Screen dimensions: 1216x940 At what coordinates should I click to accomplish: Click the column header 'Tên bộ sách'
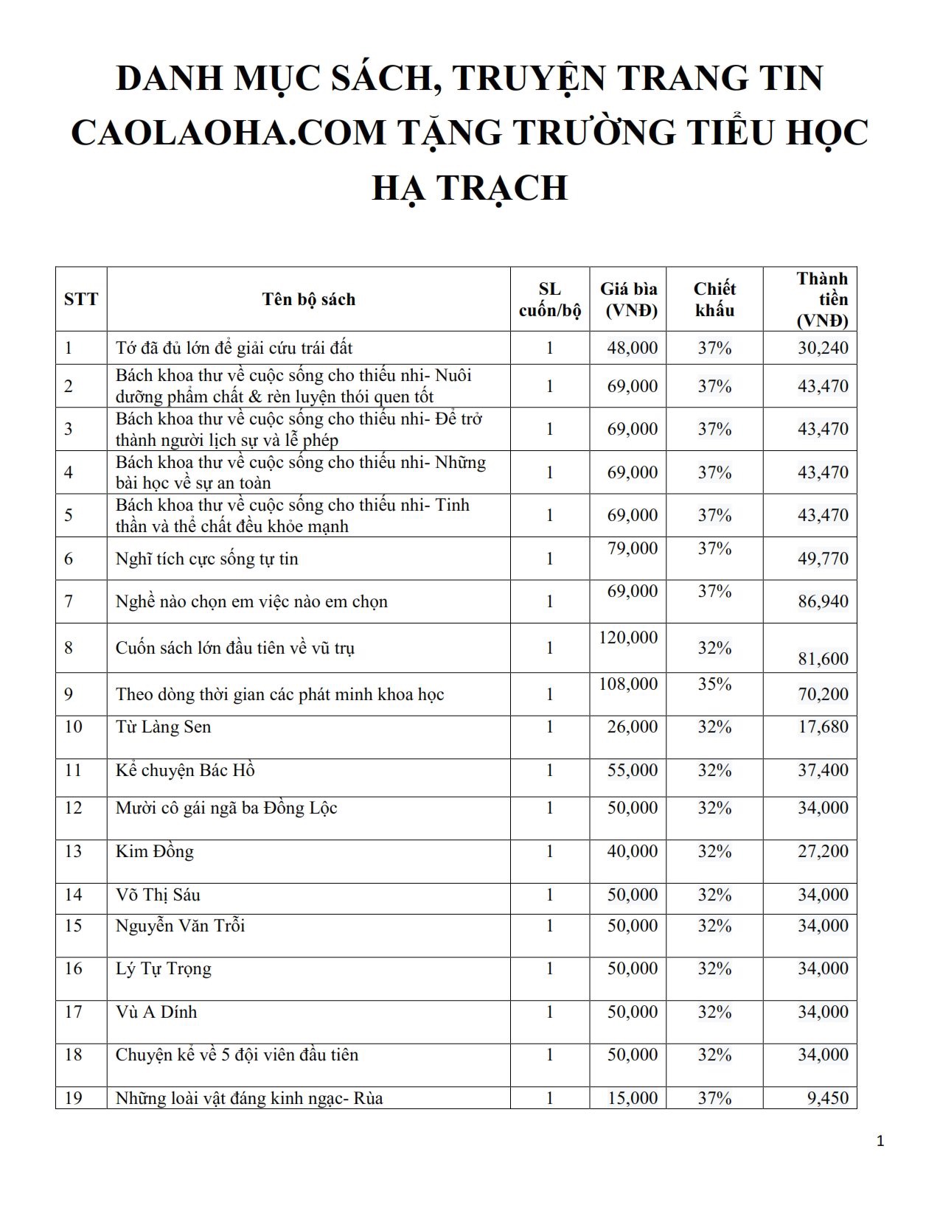[x=308, y=299]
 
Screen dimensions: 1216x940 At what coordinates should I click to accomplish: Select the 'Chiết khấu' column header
[x=714, y=299]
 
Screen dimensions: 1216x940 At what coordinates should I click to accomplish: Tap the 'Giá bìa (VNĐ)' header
[x=628, y=299]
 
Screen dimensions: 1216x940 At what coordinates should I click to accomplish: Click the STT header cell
[x=81, y=299]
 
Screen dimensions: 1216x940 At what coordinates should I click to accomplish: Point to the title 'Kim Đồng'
[x=155, y=852]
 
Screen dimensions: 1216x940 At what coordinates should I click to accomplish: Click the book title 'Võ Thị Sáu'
[x=158, y=895]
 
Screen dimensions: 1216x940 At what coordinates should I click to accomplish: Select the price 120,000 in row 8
[x=628, y=637]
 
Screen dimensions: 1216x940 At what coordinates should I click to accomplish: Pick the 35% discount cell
[x=714, y=684]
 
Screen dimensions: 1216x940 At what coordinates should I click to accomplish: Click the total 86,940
[x=823, y=601]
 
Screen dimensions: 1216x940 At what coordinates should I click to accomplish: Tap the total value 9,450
[x=828, y=1098]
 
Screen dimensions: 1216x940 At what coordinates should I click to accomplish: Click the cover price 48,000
[x=633, y=348]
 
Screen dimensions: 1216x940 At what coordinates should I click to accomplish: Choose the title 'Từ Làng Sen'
[x=164, y=727]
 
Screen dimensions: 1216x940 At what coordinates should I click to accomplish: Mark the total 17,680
[x=823, y=727]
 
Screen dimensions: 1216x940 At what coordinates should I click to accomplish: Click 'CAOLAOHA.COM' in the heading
[x=229, y=133]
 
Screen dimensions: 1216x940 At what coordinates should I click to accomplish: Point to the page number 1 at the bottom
[x=880, y=1142]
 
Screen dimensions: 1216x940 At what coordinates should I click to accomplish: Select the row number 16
[x=73, y=969]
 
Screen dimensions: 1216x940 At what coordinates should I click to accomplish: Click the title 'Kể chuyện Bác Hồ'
[x=185, y=771]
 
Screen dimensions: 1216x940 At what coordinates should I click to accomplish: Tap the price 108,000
[x=628, y=684]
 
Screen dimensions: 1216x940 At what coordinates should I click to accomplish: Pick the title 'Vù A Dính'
[x=156, y=1012]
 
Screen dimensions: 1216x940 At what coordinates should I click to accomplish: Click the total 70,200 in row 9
[x=823, y=694]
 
